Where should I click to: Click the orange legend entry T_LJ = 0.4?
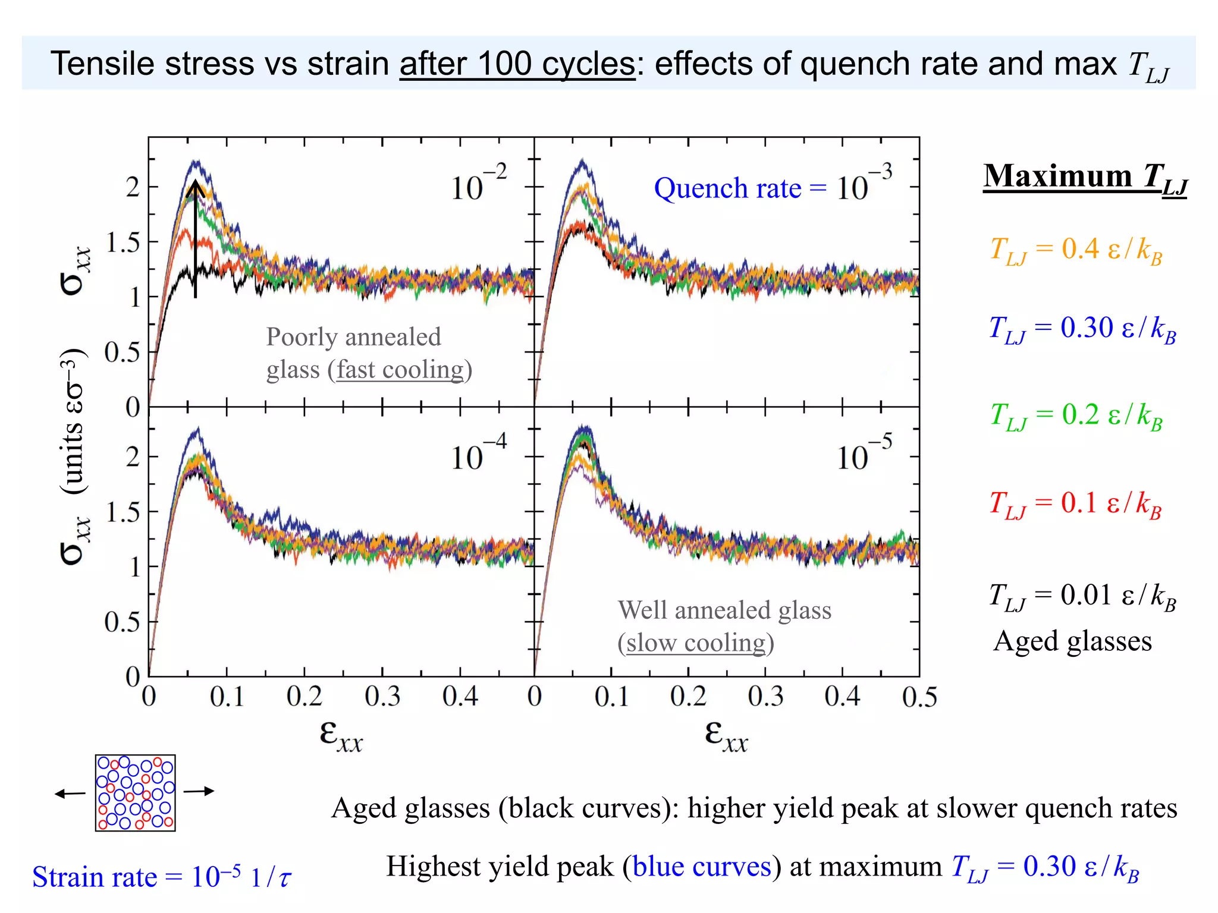1075,250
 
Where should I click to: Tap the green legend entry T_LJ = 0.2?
1075,415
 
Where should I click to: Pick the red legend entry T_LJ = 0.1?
1075,504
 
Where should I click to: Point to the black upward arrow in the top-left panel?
196,238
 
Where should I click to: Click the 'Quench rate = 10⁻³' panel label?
773,187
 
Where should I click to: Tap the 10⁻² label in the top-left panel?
478,184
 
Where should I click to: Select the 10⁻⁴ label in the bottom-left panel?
478,454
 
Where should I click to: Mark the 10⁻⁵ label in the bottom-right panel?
864,454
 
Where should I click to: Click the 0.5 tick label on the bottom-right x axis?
919,697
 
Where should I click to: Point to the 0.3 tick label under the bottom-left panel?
382,697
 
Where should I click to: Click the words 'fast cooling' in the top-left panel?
400,370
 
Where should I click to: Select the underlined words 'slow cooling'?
696,643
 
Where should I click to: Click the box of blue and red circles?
136,793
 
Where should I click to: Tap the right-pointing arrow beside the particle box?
199,791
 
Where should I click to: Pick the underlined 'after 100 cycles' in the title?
517,64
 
